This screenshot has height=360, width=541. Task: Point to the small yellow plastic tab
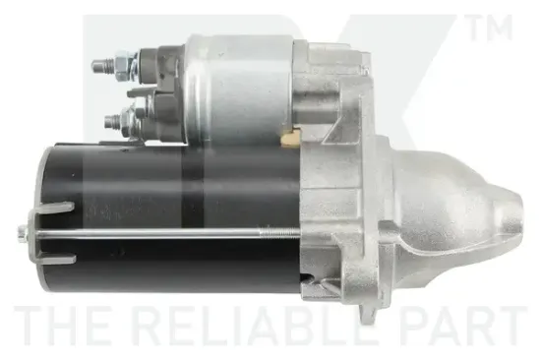pyautogui.click(x=290, y=138)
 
